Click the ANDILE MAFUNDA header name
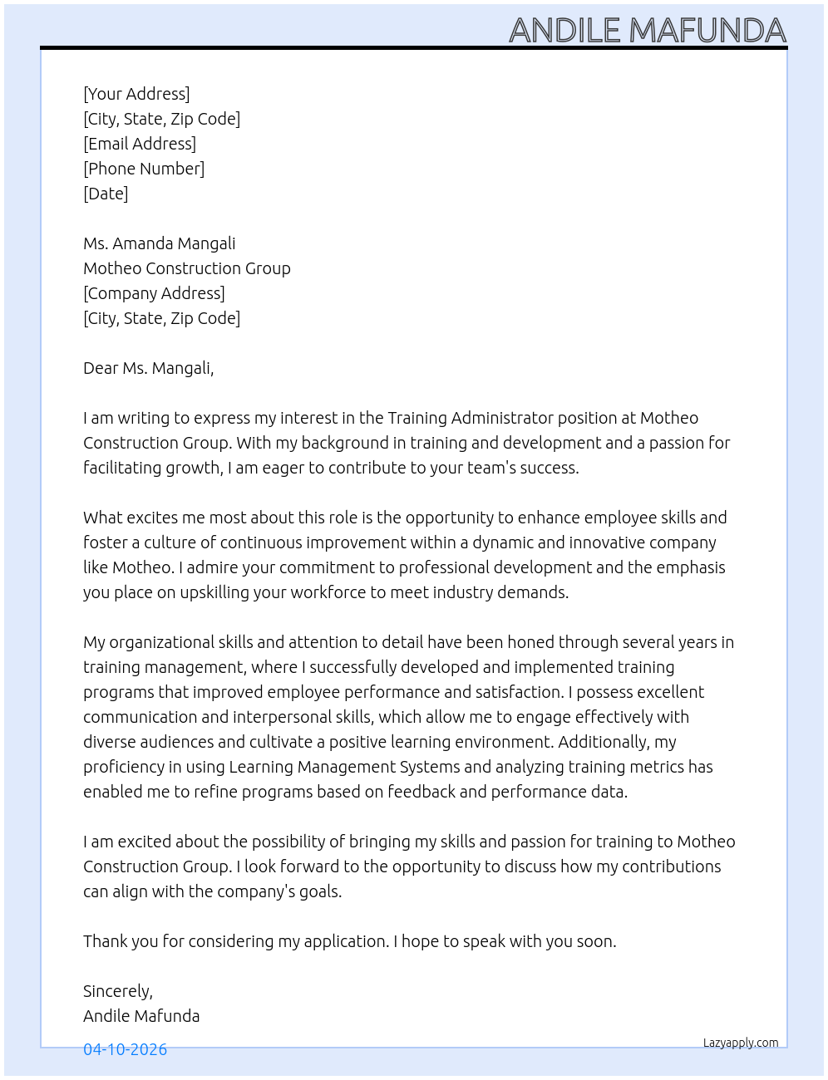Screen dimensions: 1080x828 click(647, 30)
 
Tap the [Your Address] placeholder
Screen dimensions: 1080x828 click(136, 94)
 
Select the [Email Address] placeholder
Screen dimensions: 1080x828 click(140, 144)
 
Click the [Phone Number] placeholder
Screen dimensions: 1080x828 click(144, 169)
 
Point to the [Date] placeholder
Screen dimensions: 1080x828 click(106, 194)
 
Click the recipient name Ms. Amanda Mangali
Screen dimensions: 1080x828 click(159, 243)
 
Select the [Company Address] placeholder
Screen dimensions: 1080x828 click(154, 293)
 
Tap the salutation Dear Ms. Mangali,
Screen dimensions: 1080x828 click(148, 368)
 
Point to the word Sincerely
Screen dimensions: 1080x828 click(116, 991)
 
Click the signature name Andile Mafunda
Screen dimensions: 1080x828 click(141, 1016)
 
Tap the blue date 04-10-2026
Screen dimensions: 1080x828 click(125, 1049)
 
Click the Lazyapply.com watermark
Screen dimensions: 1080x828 click(741, 1043)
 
